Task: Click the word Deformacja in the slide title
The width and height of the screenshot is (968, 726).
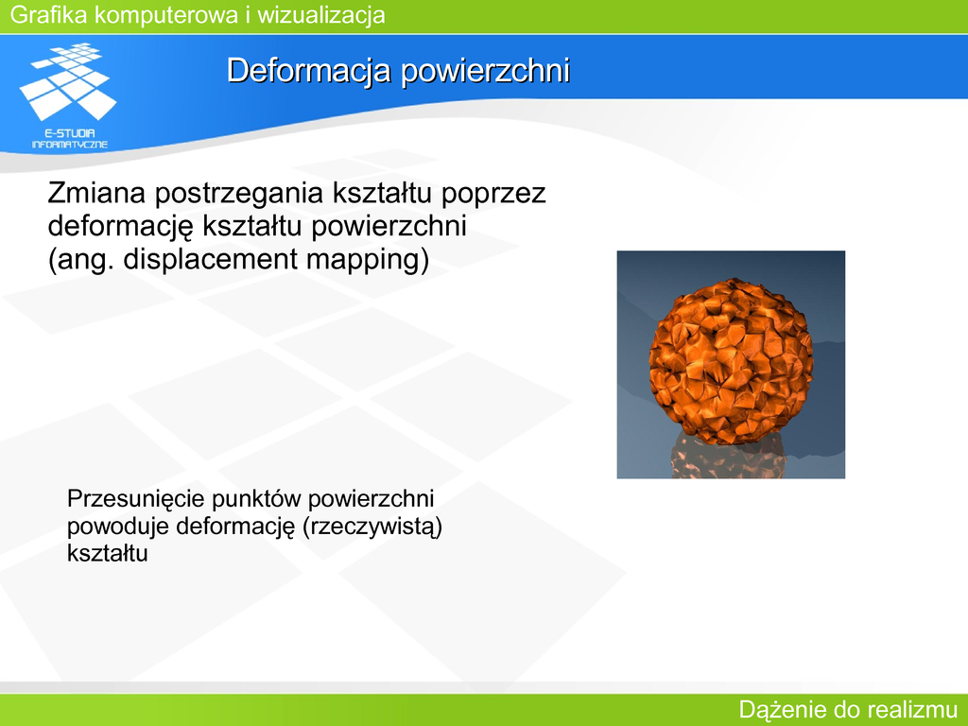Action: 309,70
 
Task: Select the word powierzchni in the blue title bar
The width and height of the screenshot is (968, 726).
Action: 485,71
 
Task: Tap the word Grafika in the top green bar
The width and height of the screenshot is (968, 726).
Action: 49,14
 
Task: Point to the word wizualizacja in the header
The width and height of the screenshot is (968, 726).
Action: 321,14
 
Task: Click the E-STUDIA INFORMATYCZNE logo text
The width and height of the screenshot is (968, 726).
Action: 70,139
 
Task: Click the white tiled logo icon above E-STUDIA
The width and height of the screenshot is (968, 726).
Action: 68,81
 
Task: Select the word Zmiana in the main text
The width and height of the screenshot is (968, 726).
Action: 97,193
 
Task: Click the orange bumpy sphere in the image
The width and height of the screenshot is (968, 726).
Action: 731,361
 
